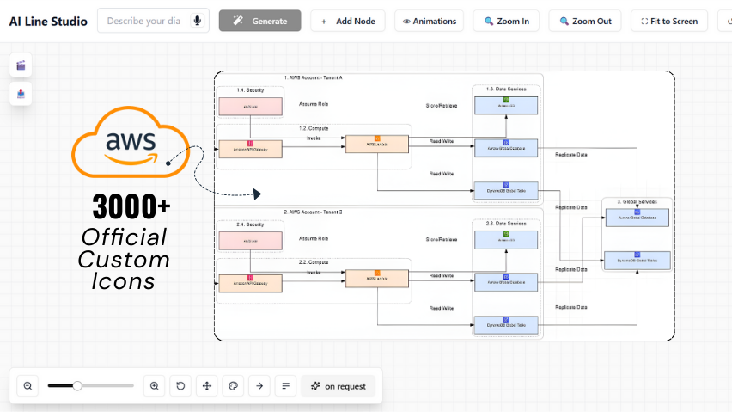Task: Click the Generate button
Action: (259, 21)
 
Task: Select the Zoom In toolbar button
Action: (506, 21)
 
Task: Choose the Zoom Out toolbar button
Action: (584, 21)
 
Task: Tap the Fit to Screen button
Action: (668, 21)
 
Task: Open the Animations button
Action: (429, 21)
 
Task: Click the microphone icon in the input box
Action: (198, 21)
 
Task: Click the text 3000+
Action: (131, 206)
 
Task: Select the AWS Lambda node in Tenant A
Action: (376, 145)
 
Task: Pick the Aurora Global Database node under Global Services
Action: (637, 218)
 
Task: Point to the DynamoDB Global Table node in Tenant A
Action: (506, 190)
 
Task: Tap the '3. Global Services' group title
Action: (637, 202)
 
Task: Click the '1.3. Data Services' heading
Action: (506, 89)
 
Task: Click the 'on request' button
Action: (339, 386)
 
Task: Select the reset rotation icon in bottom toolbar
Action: (180, 386)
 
